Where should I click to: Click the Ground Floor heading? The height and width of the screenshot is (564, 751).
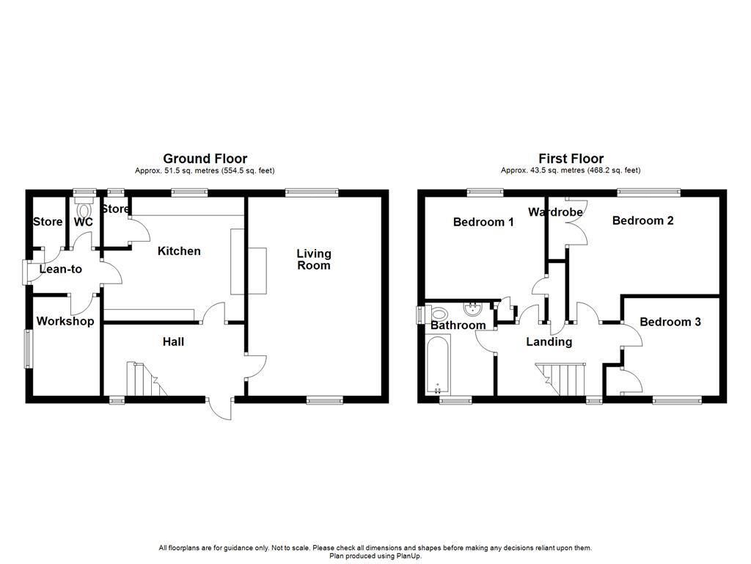pyautogui.click(x=205, y=159)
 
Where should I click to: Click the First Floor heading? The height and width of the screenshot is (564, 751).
pyautogui.click(x=571, y=159)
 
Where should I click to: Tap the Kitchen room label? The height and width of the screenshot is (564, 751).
pyautogui.click(x=179, y=251)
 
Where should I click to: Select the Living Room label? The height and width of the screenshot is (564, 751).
pyautogui.click(x=314, y=259)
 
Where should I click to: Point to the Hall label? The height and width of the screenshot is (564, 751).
pyautogui.click(x=173, y=341)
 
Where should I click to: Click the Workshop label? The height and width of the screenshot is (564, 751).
pyautogui.click(x=65, y=321)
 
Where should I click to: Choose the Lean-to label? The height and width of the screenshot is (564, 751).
pyautogui.click(x=61, y=270)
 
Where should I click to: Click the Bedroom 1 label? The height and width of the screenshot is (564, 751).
pyautogui.click(x=483, y=222)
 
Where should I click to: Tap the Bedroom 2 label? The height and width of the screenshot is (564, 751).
pyautogui.click(x=642, y=220)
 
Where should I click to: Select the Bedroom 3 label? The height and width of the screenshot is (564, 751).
pyautogui.click(x=670, y=322)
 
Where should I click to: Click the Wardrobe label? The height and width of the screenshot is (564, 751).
pyautogui.click(x=555, y=212)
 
